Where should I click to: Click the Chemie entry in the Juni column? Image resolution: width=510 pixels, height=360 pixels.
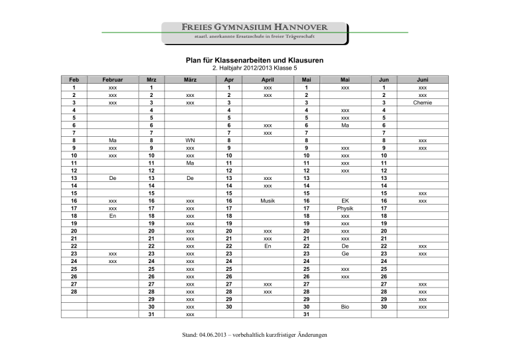click(x=422, y=103)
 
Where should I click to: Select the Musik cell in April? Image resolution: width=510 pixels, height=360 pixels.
click(x=267, y=199)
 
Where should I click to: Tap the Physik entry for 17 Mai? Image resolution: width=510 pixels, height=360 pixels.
click(x=345, y=207)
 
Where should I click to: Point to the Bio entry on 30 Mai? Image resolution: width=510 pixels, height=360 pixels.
click(x=345, y=307)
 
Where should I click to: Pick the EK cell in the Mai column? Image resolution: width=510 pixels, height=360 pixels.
click(x=345, y=199)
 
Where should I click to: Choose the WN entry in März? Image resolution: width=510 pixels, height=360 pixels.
click(x=190, y=141)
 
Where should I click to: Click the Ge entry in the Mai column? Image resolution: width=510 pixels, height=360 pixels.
click(x=345, y=253)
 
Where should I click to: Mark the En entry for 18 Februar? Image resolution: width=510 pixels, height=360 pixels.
click(x=113, y=215)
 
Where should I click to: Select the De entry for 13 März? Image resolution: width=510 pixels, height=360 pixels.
click(x=190, y=179)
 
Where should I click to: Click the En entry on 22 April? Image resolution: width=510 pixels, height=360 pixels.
click(x=267, y=245)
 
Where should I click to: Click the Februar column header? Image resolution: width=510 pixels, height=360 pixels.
click(x=113, y=79)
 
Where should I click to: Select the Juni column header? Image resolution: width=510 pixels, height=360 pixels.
click(x=422, y=79)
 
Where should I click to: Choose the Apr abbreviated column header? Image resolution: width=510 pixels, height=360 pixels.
click(x=228, y=79)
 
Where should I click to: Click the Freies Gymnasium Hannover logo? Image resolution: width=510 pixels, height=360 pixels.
click(x=255, y=31)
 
